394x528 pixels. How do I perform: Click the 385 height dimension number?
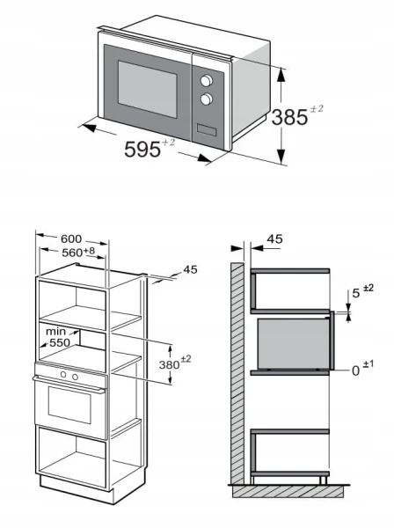289,118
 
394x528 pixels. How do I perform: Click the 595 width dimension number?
142,150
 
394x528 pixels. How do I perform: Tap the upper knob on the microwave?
207,80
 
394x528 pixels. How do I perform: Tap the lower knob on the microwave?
207,99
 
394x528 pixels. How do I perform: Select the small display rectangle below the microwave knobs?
207,129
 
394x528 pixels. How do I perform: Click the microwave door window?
148,89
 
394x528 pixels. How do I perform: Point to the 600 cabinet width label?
71,238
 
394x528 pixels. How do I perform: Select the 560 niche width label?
72,253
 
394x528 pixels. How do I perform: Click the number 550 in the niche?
60,342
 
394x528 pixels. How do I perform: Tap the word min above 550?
56,332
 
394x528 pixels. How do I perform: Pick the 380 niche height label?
169,364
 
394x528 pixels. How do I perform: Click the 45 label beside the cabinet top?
190,270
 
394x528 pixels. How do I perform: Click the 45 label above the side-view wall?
275,239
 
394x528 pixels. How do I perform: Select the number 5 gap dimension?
356,293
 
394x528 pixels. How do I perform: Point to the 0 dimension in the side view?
355,371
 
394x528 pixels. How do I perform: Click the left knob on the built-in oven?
63,375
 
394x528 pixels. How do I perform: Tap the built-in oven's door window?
69,405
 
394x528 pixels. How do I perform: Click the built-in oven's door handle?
69,385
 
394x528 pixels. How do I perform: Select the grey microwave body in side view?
293,343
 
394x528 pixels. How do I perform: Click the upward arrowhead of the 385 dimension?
281,75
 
